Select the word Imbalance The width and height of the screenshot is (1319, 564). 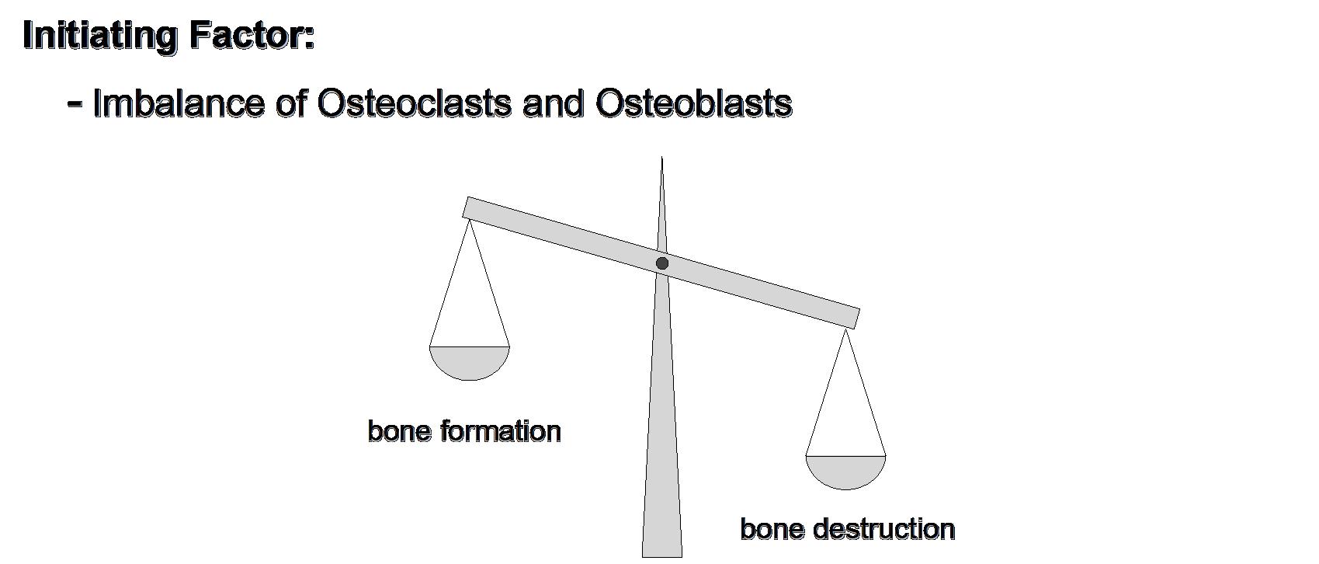point(178,103)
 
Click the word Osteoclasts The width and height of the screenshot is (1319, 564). point(413,103)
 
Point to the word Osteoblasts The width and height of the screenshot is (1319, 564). point(693,103)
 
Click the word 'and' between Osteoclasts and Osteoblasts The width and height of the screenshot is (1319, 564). point(552,103)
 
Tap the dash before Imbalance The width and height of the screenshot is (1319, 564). point(75,102)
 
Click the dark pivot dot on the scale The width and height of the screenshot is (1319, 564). point(662,263)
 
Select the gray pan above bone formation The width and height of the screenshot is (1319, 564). point(470,362)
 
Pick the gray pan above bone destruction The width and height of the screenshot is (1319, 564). point(845,472)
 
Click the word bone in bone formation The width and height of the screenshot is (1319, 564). point(398,431)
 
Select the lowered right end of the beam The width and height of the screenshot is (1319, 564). point(852,318)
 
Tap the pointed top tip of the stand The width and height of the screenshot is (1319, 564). point(661,160)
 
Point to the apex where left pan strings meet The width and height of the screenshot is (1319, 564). point(469,221)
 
